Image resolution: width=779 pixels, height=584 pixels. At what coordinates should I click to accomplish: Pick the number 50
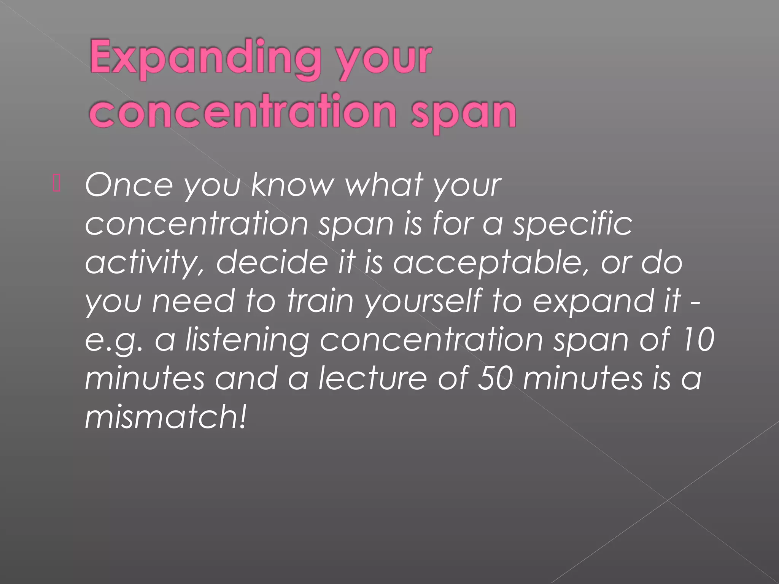tap(494, 379)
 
